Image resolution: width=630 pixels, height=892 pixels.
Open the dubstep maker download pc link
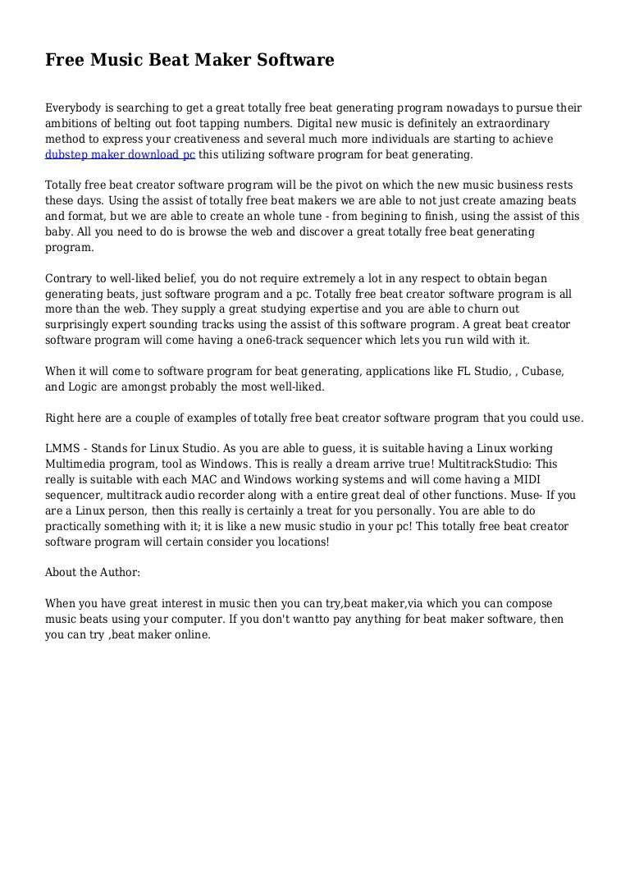[120, 154]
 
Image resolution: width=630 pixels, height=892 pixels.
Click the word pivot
[331, 185]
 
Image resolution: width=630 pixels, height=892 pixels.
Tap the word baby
[59, 232]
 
